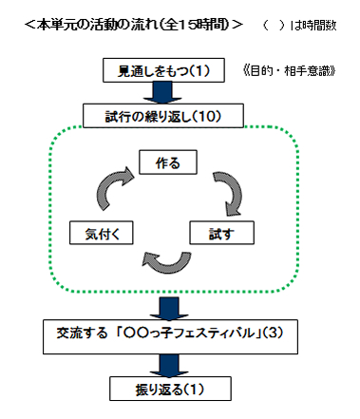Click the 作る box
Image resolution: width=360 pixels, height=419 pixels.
[166, 162]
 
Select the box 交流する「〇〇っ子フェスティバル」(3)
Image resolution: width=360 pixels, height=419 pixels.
[166, 335]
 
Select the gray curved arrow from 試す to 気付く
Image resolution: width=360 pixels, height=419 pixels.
[163, 259]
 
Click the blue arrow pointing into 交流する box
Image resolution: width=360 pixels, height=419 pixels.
[166, 308]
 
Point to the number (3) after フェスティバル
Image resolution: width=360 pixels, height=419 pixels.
[273, 335]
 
